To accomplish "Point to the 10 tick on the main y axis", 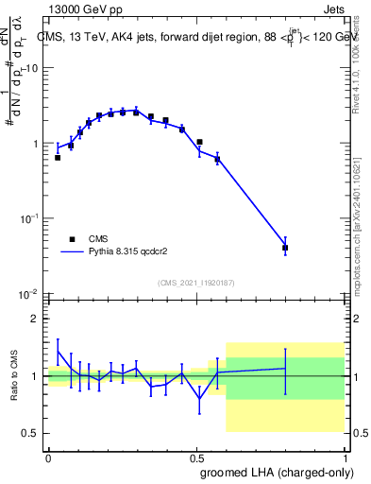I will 32,68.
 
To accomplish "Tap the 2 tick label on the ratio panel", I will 36,319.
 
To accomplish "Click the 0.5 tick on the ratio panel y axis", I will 32,433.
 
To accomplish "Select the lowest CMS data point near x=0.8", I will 285,248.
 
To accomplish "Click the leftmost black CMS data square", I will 58,158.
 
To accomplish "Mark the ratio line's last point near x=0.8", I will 285,368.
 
